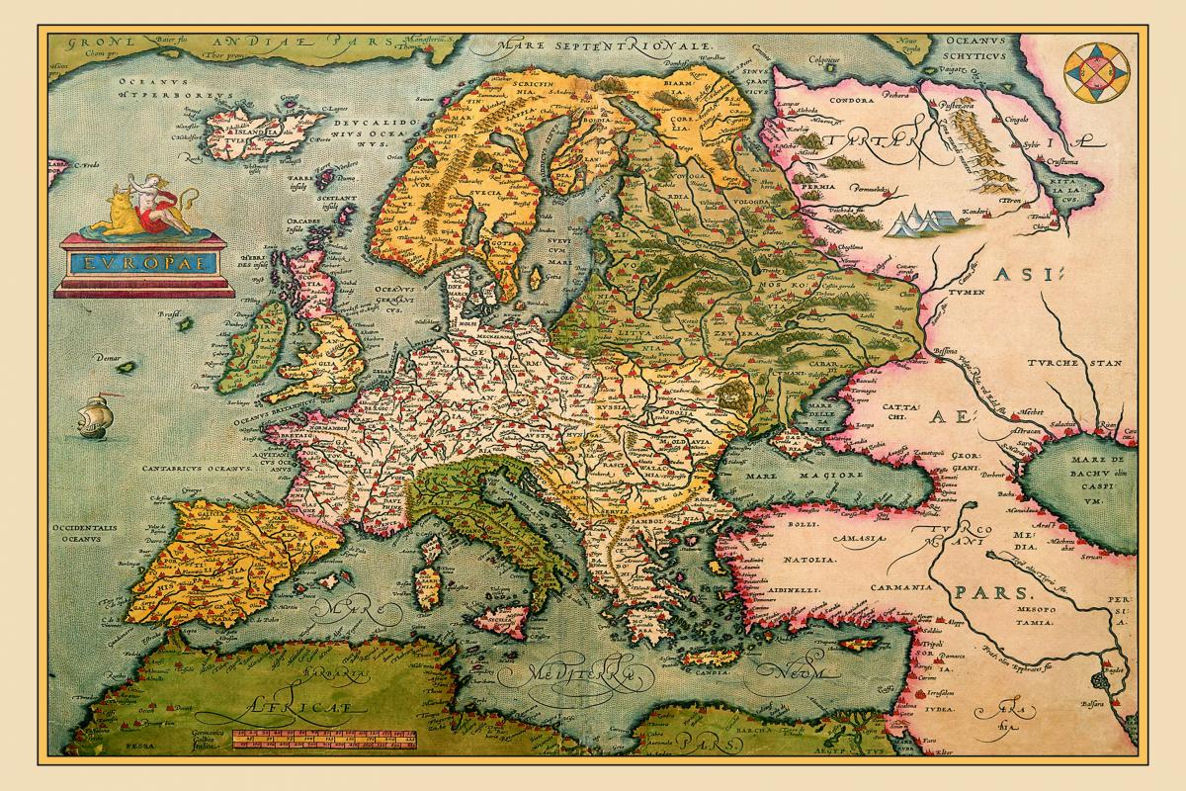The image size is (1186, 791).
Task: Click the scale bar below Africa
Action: [x=325, y=740]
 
